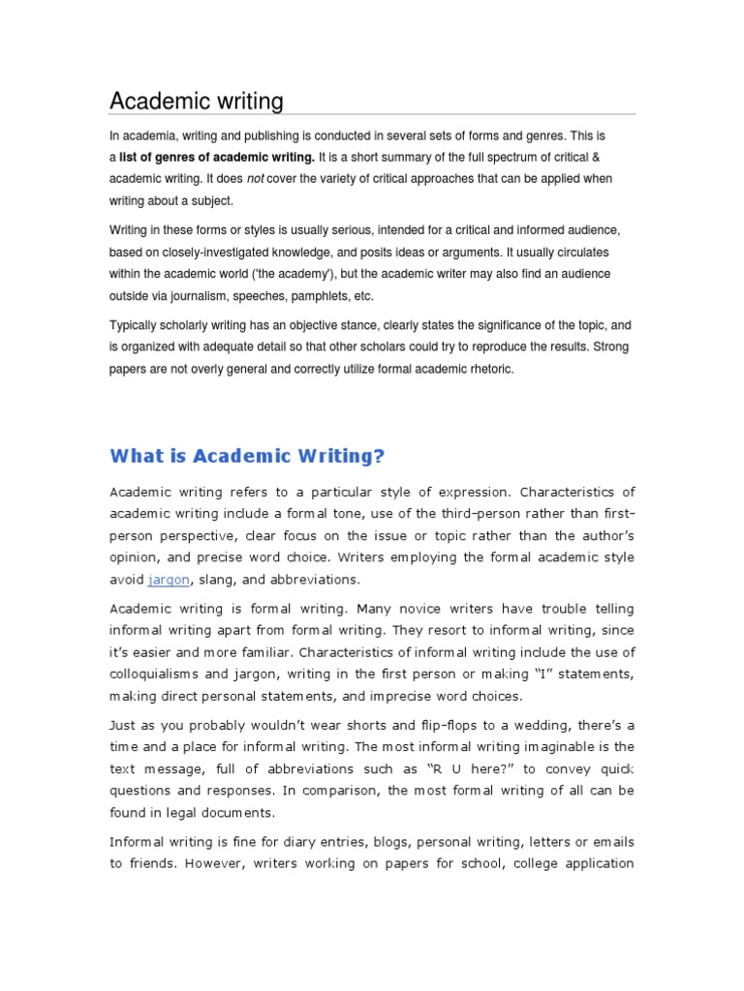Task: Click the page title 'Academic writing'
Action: click(196, 101)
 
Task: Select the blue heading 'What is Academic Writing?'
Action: click(247, 455)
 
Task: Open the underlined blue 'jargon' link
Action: click(170, 579)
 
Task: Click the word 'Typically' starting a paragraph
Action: click(135, 326)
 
